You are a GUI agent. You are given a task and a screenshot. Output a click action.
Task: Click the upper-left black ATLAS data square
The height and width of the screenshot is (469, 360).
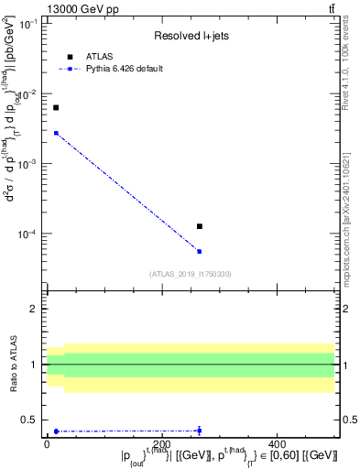pyautogui.click(x=56, y=108)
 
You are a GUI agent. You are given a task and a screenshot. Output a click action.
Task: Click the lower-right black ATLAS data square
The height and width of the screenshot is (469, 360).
pyautogui.click(x=199, y=226)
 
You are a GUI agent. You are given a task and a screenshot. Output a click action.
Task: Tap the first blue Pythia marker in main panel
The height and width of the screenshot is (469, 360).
pyautogui.click(x=56, y=133)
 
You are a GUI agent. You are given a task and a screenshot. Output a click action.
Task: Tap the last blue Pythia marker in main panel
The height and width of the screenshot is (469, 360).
pyautogui.click(x=199, y=251)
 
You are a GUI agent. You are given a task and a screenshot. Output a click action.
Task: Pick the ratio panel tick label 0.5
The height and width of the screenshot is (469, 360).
pyautogui.click(x=31, y=420)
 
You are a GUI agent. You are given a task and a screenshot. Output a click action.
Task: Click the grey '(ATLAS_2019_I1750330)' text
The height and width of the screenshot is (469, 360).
pyautogui.click(x=191, y=273)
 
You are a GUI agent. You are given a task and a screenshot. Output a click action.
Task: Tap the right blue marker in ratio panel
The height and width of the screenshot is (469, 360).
pyautogui.click(x=199, y=431)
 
